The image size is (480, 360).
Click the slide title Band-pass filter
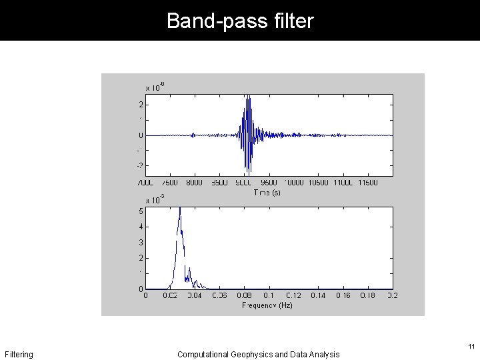(x=240, y=21)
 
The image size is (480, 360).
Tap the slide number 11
(x=471, y=347)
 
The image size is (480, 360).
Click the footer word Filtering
(x=19, y=355)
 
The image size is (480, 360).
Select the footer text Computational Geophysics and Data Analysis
(x=258, y=355)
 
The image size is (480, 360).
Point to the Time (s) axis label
(x=267, y=192)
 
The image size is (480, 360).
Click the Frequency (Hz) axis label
(x=267, y=305)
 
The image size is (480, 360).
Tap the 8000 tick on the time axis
(x=195, y=182)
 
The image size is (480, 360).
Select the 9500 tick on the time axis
(x=269, y=182)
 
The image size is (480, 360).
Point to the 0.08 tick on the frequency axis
(x=244, y=295)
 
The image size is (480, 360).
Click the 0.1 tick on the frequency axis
(x=269, y=295)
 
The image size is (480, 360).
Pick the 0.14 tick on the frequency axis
(x=318, y=295)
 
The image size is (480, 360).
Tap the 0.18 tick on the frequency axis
(x=367, y=295)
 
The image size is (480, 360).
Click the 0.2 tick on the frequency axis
(x=392, y=295)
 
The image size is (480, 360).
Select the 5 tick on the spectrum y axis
(x=140, y=211)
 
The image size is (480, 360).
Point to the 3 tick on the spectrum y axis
(x=140, y=243)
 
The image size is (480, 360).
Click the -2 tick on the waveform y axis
(x=139, y=165)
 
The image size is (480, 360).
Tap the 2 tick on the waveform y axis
(x=140, y=105)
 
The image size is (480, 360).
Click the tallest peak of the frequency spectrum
(x=179, y=209)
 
